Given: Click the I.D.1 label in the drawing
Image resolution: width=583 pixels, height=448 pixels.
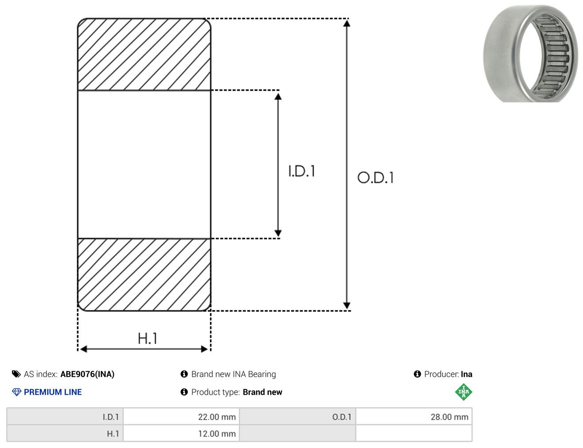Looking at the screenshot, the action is (302, 171).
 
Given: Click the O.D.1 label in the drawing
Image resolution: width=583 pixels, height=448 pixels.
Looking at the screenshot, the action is (375, 178).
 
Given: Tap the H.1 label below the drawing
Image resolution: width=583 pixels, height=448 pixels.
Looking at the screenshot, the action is (147, 338).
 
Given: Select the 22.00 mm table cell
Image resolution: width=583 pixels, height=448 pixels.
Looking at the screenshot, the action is (181, 417).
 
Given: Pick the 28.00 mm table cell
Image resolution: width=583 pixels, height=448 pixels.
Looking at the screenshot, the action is (414, 417).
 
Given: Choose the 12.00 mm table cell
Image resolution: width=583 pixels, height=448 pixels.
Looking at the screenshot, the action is (181, 433).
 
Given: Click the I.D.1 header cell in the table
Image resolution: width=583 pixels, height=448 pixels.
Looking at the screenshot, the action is (65, 417).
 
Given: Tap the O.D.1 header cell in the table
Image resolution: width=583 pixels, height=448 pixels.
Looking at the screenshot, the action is (298, 417).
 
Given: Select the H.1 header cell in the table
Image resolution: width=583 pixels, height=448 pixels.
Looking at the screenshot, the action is (65, 433).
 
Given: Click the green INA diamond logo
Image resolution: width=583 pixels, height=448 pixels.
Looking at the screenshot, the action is (463, 392).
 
